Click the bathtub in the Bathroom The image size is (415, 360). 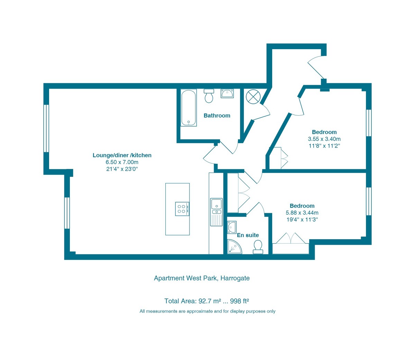tap(188, 108)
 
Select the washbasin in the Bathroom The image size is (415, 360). tap(227, 93)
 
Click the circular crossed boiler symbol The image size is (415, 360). tap(252, 96)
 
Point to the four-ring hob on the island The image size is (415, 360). tap(182, 209)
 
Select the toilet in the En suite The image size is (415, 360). tap(258, 247)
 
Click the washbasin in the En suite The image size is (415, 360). tap(231, 227)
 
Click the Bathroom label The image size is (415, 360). tap(217, 116)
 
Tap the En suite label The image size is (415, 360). tap(248, 235)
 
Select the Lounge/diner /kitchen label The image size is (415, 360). tap(122, 155)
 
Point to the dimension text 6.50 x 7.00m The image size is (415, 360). tap(122, 162)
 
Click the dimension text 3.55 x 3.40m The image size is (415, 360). tap(324, 139)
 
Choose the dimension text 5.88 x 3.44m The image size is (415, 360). tap(302, 213)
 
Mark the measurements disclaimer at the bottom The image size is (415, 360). tap(207, 311)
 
